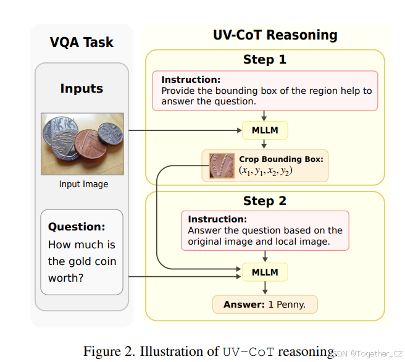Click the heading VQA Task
tap(81, 43)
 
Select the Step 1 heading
tap(265, 60)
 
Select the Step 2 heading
tap(265, 201)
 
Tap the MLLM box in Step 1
tap(265, 131)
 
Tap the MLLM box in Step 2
tap(265, 272)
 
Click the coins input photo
tap(83, 143)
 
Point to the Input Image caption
tap(83, 184)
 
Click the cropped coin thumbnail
tap(221, 165)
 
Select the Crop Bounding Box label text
tap(281, 159)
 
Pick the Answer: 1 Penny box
tap(265, 305)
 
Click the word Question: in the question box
tap(77, 227)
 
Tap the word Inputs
tap(81, 88)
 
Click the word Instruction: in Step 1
tap(190, 80)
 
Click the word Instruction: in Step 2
tap(217, 219)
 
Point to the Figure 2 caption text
tap(210, 351)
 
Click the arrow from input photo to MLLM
tap(185, 131)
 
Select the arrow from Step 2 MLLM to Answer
tap(265, 288)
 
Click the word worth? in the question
tap(66, 278)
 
